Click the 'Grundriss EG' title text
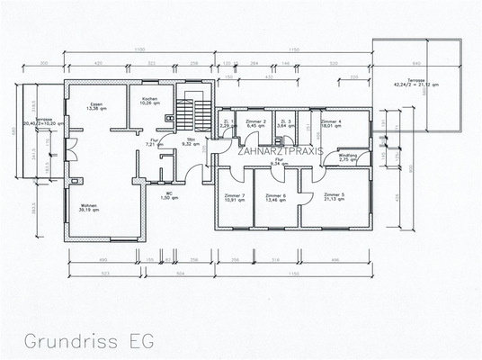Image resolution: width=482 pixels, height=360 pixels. point(89,341)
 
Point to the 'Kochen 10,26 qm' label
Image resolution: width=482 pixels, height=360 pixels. point(149,101)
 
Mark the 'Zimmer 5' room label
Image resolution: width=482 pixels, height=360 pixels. point(334,197)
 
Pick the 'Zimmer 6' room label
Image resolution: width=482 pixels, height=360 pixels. point(277,198)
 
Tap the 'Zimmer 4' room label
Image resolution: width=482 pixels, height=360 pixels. point(331,123)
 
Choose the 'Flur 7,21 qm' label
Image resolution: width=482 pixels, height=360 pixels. point(154,142)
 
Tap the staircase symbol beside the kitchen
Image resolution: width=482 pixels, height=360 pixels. point(185,113)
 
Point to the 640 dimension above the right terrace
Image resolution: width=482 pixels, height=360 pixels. point(415,64)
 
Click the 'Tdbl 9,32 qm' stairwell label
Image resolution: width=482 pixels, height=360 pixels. point(190,142)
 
